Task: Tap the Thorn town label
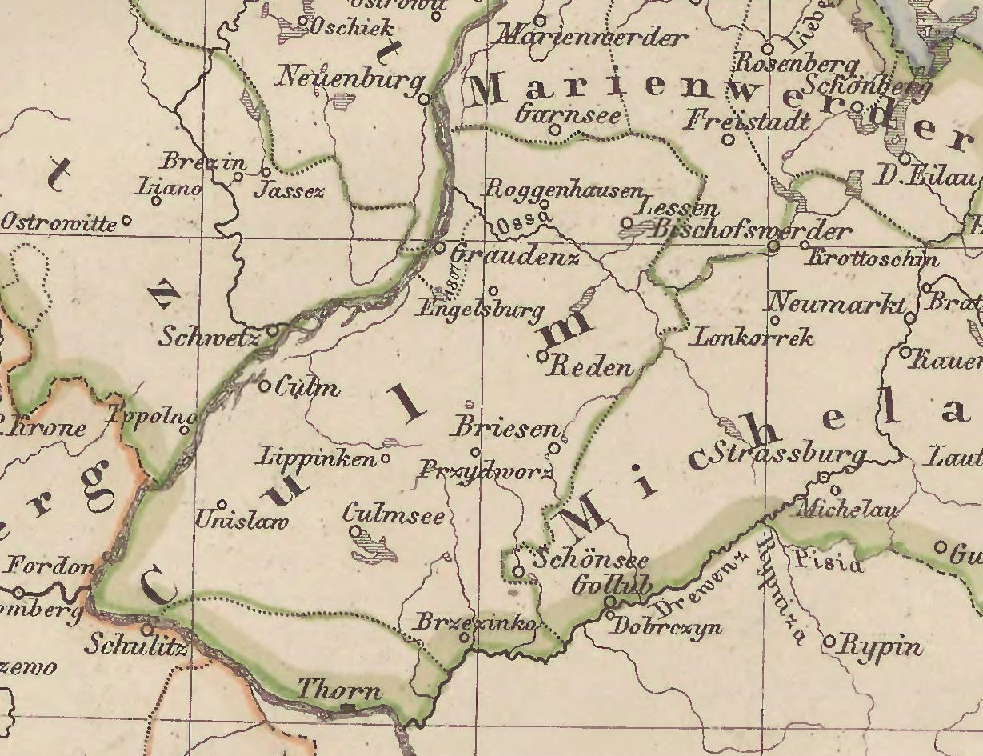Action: coord(339,690)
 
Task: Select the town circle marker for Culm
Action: coord(266,386)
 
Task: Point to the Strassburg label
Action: coord(788,454)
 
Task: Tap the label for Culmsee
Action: coord(394,514)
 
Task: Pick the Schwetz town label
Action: coord(209,338)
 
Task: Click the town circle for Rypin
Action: coord(829,642)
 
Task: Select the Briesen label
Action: coord(506,428)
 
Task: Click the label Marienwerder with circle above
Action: coord(592,37)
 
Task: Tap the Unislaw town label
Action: coord(241,521)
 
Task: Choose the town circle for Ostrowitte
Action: coord(126,221)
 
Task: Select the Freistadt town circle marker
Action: coord(728,140)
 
